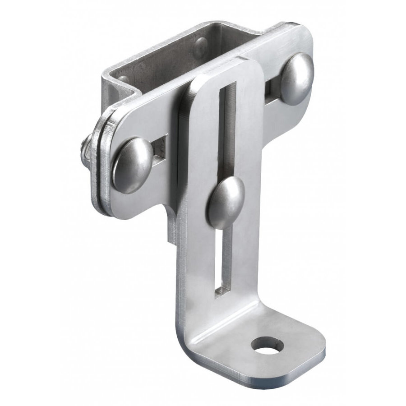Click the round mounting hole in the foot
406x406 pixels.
(x=268, y=346)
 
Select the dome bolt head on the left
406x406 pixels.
(x=133, y=165)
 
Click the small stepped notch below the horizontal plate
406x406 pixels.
(x=171, y=230)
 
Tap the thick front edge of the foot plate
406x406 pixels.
(x=253, y=386)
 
